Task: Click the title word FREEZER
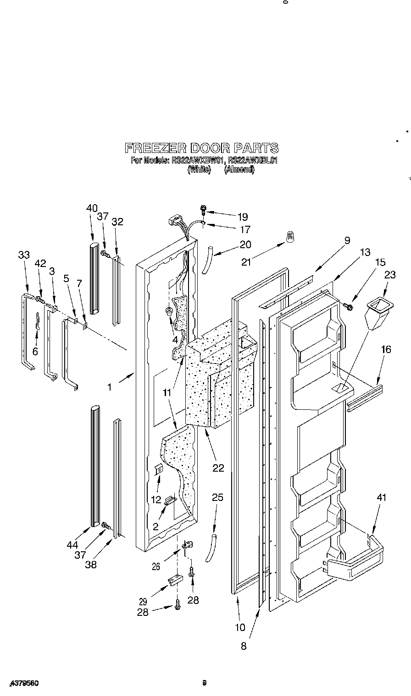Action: click(155, 148)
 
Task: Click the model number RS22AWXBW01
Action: click(198, 161)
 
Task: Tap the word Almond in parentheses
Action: click(239, 169)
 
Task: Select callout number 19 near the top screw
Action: click(242, 217)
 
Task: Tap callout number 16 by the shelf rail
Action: click(386, 350)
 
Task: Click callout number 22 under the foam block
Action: click(218, 468)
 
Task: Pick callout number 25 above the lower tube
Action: click(217, 497)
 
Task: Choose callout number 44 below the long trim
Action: click(72, 544)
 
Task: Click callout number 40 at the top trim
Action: click(92, 208)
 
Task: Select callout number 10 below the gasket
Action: click(240, 627)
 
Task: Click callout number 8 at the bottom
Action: click(244, 646)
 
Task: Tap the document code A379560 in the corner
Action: click(24, 683)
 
